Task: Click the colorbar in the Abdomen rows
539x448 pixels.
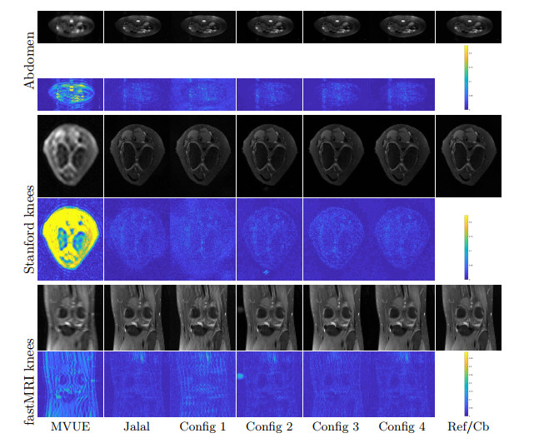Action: pos(467,78)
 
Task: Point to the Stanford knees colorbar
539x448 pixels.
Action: pos(467,247)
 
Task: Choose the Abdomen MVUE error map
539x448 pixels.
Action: pos(70,94)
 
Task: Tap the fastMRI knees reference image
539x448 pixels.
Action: pos(468,317)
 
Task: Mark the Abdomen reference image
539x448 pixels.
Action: pos(468,27)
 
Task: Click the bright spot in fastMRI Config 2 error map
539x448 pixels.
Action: pos(242,376)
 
